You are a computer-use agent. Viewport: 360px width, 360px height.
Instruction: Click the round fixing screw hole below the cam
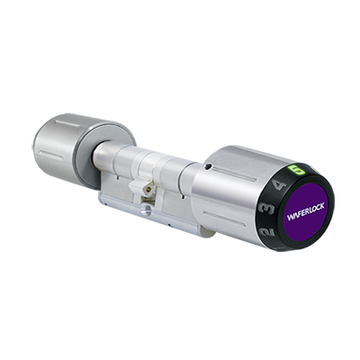click(146, 209)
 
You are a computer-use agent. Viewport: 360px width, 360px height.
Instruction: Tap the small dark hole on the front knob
click(209, 166)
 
